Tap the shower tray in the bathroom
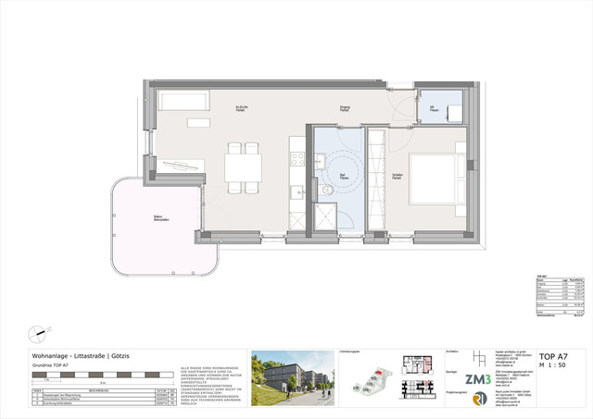tap(328, 218)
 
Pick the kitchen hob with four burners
tap(297, 158)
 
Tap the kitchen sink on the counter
tap(296, 191)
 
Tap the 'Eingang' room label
tap(345, 108)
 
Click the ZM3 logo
tap(478, 378)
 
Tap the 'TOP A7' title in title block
tap(553, 356)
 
